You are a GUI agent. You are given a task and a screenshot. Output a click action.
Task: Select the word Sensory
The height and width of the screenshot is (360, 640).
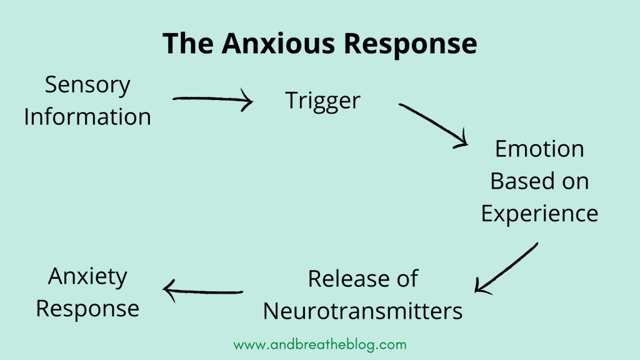tap(87, 86)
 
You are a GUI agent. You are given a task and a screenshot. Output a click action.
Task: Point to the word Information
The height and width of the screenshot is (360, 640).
tap(87, 117)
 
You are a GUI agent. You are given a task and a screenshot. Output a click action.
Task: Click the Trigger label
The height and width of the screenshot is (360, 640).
tap(323, 101)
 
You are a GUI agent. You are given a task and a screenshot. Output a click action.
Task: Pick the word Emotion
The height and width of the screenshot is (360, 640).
tap(539, 149)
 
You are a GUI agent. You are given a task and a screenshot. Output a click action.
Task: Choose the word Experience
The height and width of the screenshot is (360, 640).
tap(539, 214)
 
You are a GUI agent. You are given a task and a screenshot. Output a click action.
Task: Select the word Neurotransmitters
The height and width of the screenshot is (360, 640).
tap(362, 311)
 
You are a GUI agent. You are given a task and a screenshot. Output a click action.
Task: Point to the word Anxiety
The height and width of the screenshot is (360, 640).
tap(87, 276)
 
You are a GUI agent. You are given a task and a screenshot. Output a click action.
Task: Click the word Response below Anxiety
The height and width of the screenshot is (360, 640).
tap(87, 308)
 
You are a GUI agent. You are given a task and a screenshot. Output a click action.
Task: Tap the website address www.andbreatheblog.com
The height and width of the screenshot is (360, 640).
tap(320, 344)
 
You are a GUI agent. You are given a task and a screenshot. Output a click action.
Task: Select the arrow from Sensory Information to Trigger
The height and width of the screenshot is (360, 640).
tap(212, 100)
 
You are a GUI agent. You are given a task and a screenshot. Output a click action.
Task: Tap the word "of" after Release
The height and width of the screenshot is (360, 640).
tap(406, 279)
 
